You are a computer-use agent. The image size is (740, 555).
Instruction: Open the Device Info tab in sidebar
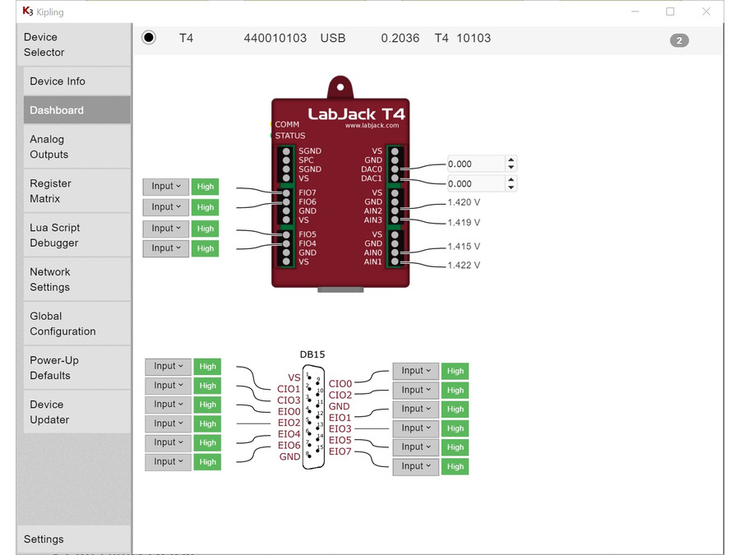pyautogui.click(x=58, y=81)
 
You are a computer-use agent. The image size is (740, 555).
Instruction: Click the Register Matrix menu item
pyautogui.click(x=51, y=191)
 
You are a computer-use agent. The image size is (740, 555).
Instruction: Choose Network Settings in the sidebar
pyautogui.click(x=50, y=280)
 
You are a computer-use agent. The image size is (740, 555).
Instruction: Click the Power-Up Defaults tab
pyautogui.click(x=54, y=368)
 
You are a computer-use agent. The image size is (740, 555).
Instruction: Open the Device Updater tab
pyautogui.click(x=49, y=412)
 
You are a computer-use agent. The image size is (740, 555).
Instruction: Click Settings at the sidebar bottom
pyautogui.click(x=44, y=539)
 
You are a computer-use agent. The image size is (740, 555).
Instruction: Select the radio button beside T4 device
pyautogui.click(x=149, y=38)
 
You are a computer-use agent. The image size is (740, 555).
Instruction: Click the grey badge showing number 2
pyautogui.click(x=679, y=40)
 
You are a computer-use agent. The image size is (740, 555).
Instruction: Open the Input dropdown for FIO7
pyautogui.click(x=166, y=186)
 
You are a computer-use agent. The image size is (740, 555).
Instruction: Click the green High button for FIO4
pyautogui.click(x=206, y=248)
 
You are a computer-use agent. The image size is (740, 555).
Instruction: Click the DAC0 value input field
pyautogui.click(x=475, y=164)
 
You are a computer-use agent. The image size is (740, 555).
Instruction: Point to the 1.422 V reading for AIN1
pyautogui.click(x=464, y=266)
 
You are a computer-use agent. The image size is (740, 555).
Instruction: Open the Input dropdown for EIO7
pyautogui.click(x=415, y=466)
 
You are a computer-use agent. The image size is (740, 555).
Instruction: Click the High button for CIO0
pyautogui.click(x=456, y=371)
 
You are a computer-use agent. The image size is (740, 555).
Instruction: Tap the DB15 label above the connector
pyautogui.click(x=312, y=354)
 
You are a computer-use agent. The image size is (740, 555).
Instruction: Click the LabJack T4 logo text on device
pyautogui.click(x=356, y=113)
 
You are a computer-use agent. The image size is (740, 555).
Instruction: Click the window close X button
pyautogui.click(x=705, y=12)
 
